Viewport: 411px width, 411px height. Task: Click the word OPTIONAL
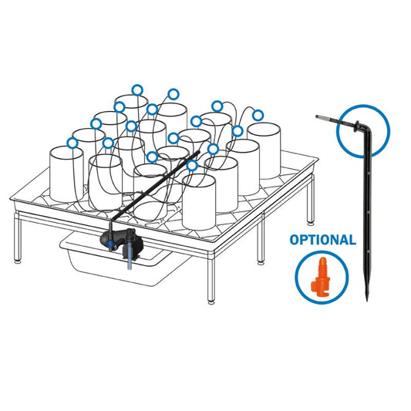tap(322, 240)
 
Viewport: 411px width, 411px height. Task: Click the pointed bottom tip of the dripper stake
tap(367, 300)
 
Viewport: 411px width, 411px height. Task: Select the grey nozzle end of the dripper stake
tap(321, 117)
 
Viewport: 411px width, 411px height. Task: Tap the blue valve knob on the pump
tap(110, 244)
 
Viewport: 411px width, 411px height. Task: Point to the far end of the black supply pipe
tap(198, 152)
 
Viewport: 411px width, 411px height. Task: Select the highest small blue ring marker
tap(137, 90)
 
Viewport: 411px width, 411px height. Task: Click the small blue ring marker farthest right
tap(258, 115)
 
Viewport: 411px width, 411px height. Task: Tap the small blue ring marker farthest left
tap(72, 143)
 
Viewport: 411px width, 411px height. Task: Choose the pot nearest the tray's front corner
tap(199, 202)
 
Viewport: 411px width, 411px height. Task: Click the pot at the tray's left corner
tap(66, 174)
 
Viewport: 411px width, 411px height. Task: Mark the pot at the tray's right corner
tap(264, 150)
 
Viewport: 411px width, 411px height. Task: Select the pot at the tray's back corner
tap(131, 110)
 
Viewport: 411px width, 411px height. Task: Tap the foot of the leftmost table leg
tap(18, 261)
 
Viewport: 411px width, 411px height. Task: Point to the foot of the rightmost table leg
tap(311, 224)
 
